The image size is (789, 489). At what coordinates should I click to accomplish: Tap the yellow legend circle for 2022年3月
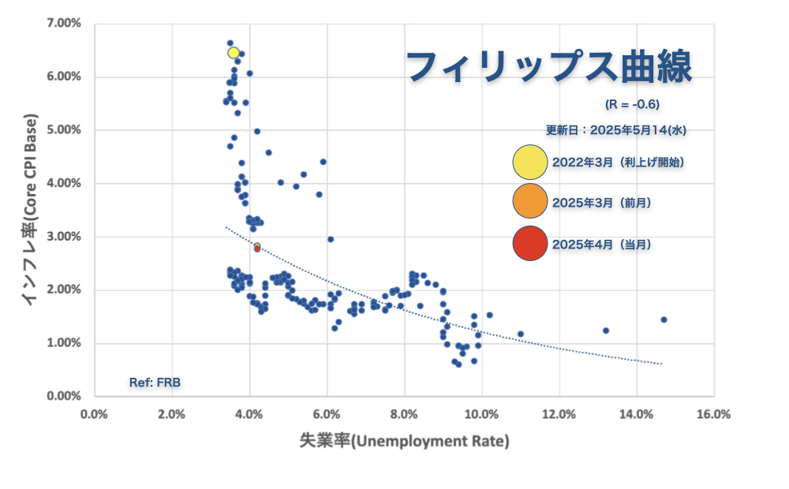[529, 162]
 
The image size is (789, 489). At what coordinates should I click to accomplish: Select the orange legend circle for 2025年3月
[529, 203]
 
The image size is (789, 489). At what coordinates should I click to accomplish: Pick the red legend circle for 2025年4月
[529, 244]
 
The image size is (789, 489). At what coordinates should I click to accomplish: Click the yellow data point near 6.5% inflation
[234, 53]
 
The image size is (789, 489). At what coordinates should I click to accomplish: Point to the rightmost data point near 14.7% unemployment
[664, 319]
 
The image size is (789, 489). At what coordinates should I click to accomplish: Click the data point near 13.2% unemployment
[606, 330]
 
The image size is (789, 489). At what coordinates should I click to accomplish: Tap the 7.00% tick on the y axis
[65, 24]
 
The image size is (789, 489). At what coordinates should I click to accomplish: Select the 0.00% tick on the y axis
[65, 396]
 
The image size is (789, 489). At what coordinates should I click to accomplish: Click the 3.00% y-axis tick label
[65, 237]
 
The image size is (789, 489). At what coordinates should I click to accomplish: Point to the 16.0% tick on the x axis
[714, 413]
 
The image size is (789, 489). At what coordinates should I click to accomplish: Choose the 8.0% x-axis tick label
[404, 413]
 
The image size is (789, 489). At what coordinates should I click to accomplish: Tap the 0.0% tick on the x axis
[94, 413]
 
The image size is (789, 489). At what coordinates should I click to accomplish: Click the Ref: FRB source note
[155, 383]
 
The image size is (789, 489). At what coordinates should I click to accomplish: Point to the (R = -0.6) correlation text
[632, 104]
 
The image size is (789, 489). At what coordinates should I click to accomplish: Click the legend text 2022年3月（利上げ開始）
[618, 162]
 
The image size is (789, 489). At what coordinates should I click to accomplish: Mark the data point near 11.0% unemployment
[520, 334]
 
